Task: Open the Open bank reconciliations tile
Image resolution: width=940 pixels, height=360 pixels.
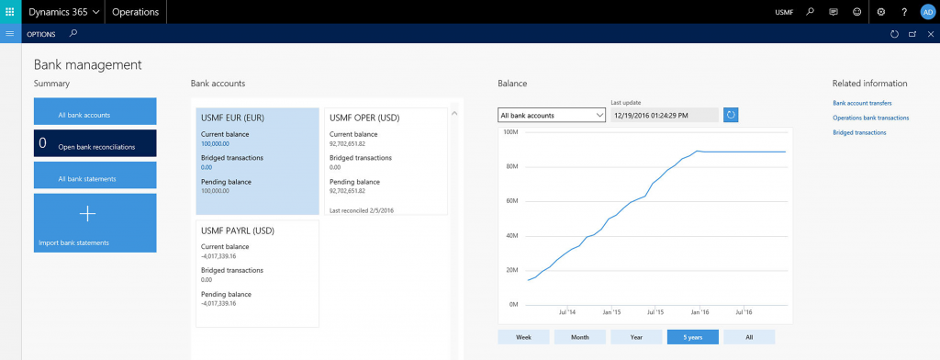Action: pos(95,144)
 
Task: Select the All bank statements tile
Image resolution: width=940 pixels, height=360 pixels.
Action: pos(95,176)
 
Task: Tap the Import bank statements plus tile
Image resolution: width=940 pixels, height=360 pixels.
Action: pos(95,222)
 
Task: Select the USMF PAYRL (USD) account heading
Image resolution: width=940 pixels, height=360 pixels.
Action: pos(237,230)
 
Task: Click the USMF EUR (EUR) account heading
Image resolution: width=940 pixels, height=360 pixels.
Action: pos(233,118)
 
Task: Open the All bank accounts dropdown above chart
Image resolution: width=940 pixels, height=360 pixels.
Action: pos(551,115)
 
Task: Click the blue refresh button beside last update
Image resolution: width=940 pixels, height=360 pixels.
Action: pos(731,115)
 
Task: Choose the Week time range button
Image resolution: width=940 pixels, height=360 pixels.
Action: pos(523,337)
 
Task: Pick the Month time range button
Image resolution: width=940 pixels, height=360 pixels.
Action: pos(579,337)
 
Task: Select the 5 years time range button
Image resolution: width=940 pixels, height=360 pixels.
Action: pos(692,337)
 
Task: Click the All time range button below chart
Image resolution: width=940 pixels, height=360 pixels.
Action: pos(748,337)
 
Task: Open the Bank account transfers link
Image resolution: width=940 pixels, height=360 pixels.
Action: pos(862,104)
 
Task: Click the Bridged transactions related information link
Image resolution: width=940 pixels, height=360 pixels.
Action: pos(859,132)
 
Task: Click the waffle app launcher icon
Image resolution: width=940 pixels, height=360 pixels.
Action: pos(10,12)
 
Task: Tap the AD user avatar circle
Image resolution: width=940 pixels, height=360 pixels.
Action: pos(927,12)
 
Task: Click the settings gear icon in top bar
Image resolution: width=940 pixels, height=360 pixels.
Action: pos(880,12)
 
